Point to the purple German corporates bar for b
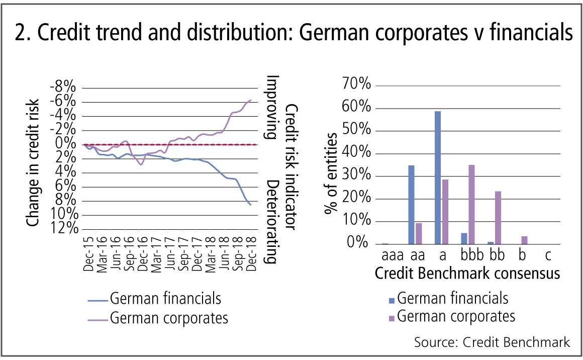tap(524, 240)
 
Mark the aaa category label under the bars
tap(392, 256)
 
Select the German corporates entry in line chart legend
tap(168, 318)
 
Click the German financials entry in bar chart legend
tap(452, 298)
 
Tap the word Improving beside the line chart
tap(272, 107)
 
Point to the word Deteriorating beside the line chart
tap(272, 221)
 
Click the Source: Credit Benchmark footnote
tap(492, 342)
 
